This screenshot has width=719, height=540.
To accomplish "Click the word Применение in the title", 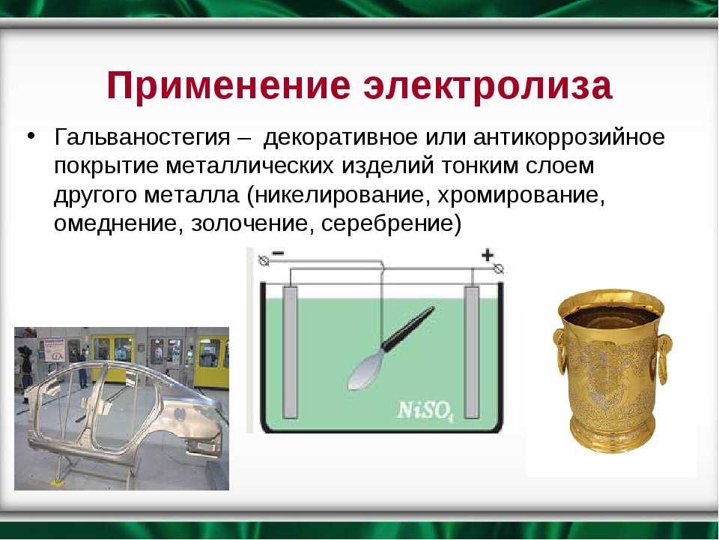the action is (x=228, y=85).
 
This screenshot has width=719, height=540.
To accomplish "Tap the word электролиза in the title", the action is (x=488, y=85).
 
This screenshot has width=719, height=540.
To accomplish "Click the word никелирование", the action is (x=339, y=195).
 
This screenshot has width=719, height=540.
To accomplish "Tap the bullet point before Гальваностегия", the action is (x=31, y=136).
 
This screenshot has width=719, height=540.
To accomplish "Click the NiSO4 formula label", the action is (x=425, y=410).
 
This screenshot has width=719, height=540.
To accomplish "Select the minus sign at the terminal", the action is (x=279, y=253).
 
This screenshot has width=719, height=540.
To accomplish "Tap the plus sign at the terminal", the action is (x=487, y=254).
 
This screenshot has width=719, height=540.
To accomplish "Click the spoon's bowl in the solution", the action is (x=365, y=370).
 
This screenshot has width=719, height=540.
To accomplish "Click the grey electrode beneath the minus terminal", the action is (x=290, y=352).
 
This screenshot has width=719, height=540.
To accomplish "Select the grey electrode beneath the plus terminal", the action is (x=472, y=352).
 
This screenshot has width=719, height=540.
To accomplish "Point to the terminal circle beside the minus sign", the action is (x=264, y=260).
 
